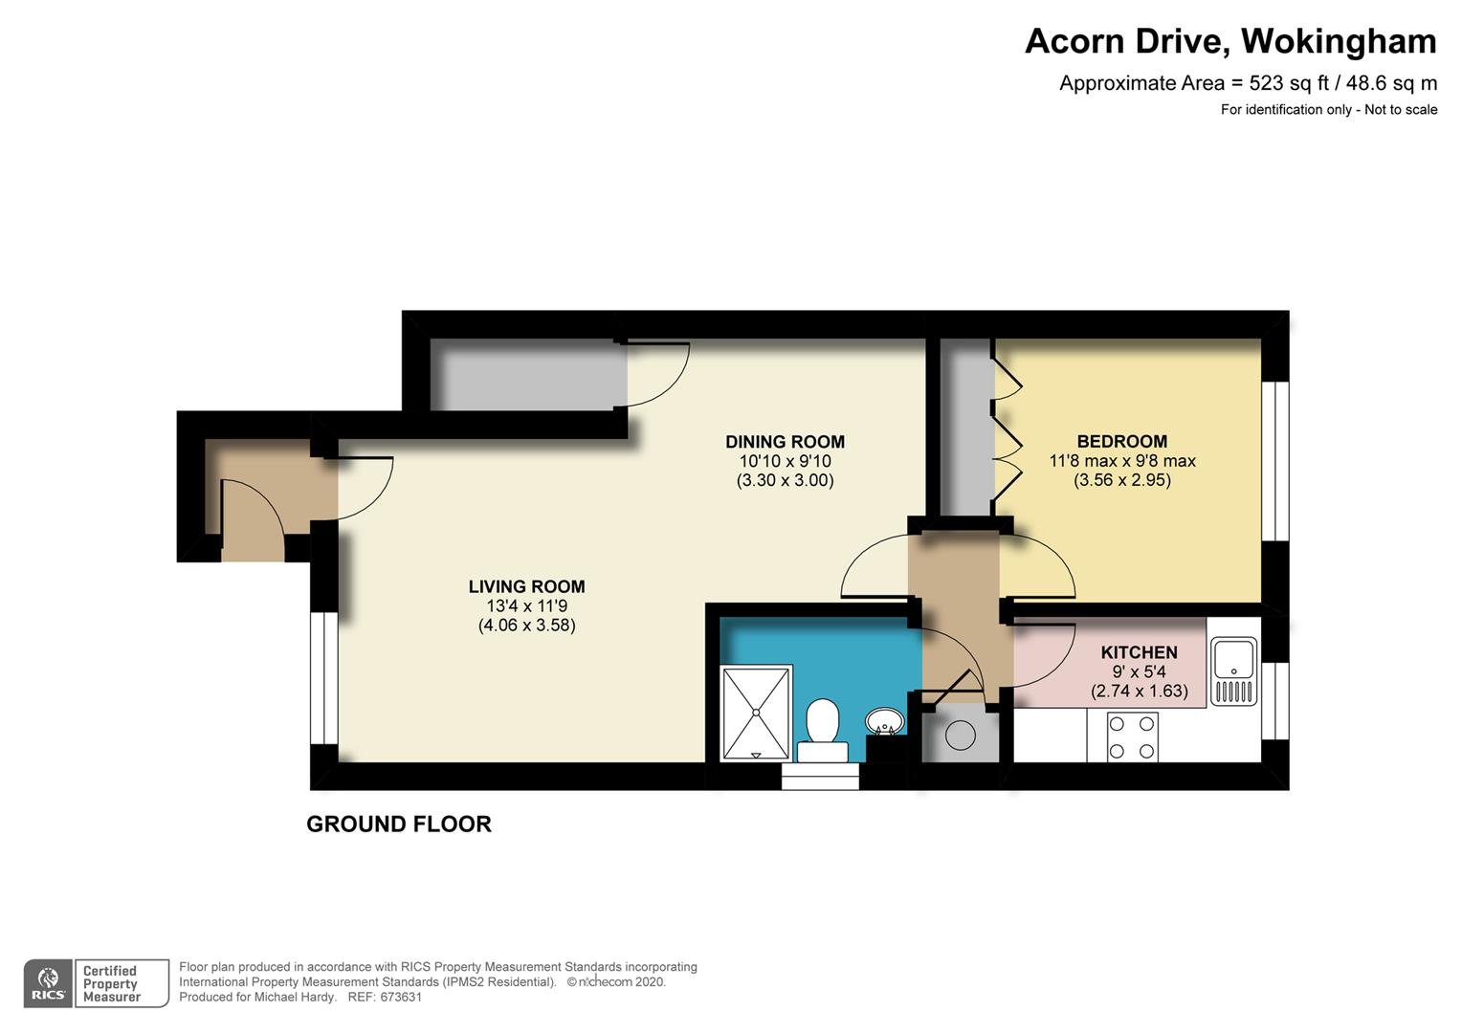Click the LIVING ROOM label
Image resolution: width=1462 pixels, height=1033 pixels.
pyautogui.click(x=526, y=586)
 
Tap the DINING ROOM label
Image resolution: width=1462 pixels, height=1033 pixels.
pyautogui.click(x=786, y=442)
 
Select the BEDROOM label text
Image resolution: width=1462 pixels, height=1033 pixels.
pyautogui.click(x=1122, y=441)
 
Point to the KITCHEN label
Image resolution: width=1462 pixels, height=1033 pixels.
pyautogui.click(x=1139, y=652)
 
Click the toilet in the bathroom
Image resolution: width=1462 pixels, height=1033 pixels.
pyautogui.click(x=823, y=731)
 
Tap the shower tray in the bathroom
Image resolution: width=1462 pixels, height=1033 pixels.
pyautogui.click(x=756, y=713)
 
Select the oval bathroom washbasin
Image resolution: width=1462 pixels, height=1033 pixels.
pyautogui.click(x=884, y=721)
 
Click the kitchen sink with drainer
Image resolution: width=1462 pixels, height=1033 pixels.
pyautogui.click(x=1233, y=670)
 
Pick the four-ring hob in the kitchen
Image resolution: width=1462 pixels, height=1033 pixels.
pyautogui.click(x=1133, y=737)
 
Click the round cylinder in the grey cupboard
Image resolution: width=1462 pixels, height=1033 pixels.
pyautogui.click(x=960, y=736)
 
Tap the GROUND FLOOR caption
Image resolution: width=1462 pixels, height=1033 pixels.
pyautogui.click(x=399, y=824)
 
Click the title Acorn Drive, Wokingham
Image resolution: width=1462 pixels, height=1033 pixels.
pyautogui.click(x=1230, y=41)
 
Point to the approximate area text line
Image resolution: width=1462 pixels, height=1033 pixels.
pyautogui.click(x=1248, y=83)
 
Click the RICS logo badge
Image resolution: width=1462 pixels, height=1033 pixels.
pyautogui.click(x=48, y=982)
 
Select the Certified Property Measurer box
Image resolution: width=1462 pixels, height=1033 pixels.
pyautogui.click(x=122, y=982)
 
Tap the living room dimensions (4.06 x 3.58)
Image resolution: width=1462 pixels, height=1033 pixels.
pyautogui.click(x=526, y=626)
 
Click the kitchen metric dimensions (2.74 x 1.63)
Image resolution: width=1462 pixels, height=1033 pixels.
pyautogui.click(x=1139, y=691)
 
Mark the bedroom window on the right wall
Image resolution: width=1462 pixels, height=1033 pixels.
pyautogui.click(x=1274, y=461)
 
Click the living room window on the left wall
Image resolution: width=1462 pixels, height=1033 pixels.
pyautogui.click(x=323, y=678)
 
